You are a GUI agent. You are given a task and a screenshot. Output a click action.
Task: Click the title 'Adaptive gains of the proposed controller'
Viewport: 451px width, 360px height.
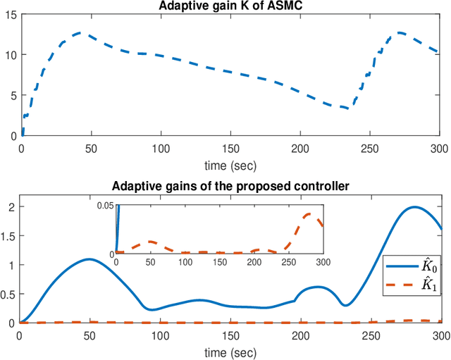click(x=231, y=186)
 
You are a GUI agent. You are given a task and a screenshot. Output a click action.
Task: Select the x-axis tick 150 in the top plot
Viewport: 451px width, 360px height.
click(x=230, y=148)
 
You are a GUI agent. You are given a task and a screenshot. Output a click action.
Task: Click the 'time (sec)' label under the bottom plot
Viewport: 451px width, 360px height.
click(x=230, y=350)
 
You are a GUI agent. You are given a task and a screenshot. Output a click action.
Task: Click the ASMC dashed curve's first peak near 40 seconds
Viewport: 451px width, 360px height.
click(x=79, y=32)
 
